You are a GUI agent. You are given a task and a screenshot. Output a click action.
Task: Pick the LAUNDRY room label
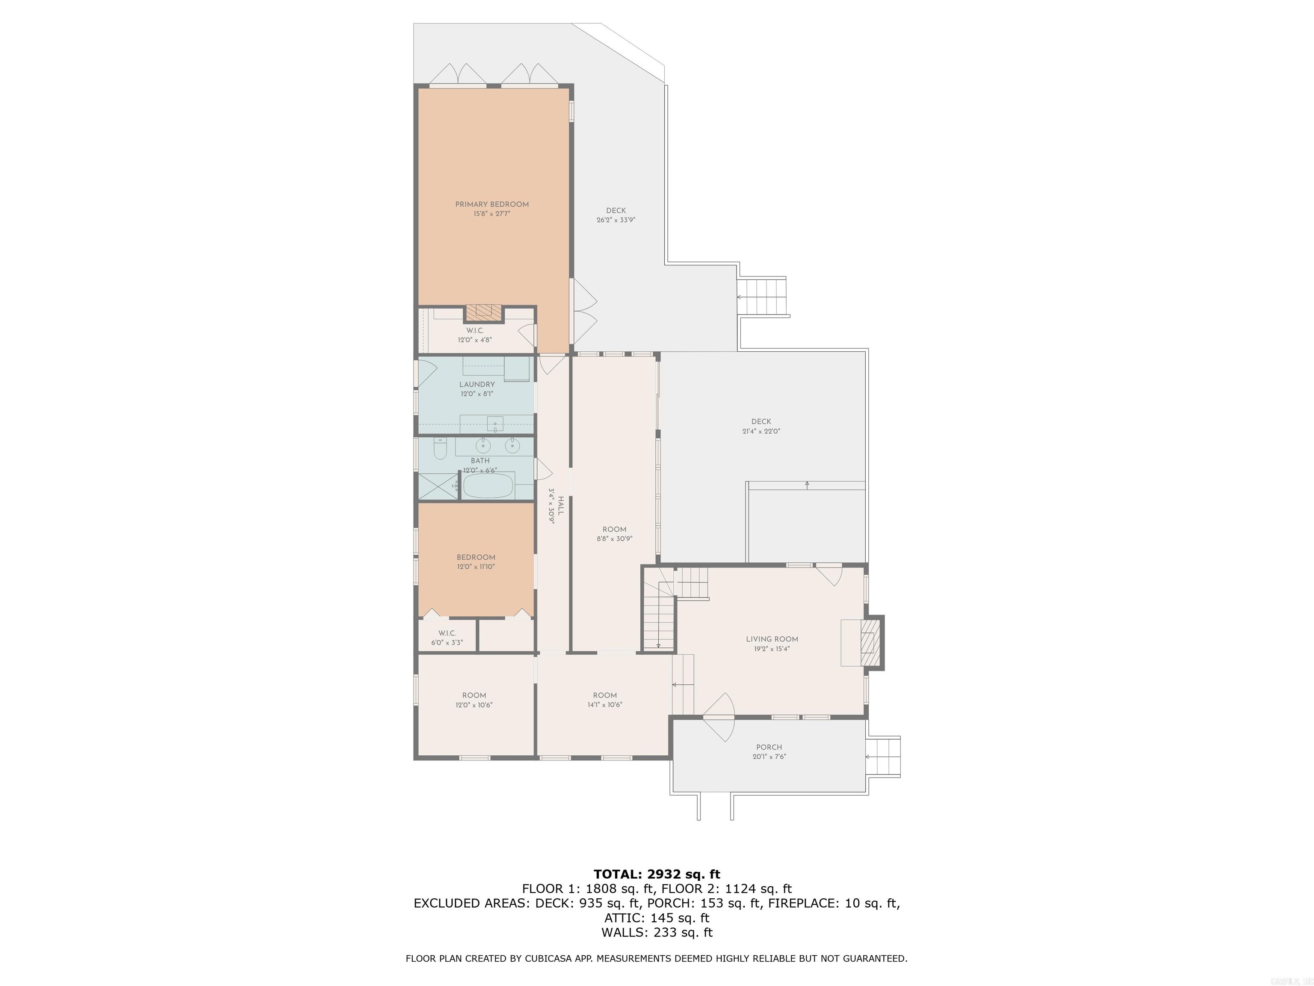476,385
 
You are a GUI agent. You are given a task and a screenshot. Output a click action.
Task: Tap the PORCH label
769,747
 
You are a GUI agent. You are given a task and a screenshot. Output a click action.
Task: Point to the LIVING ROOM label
772,639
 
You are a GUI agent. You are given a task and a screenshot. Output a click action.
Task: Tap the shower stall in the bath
438,486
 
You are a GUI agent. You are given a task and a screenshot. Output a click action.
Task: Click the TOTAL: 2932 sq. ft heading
657,874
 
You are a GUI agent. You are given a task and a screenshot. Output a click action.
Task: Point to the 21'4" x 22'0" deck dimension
761,431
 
